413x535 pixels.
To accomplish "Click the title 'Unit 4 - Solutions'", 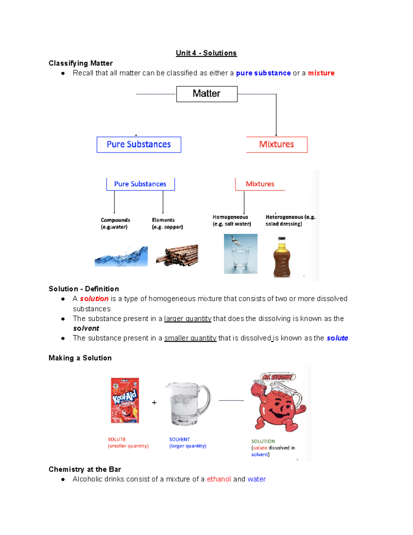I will (x=206, y=53).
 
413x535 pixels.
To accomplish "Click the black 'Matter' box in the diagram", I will (x=206, y=94).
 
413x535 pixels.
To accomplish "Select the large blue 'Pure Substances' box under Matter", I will (x=139, y=144).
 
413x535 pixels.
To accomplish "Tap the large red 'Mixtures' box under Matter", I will (x=276, y=144).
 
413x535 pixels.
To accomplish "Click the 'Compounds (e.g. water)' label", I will (x=115, y=223).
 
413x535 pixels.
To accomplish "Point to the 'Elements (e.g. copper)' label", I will (x=167, y=223).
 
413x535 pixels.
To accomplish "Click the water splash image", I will (x=121, y=257).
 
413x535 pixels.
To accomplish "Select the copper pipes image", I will (x=177, y=255).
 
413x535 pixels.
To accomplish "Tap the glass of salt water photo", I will (x=241, y=254).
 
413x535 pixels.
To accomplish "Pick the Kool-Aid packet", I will (x=125, y=400).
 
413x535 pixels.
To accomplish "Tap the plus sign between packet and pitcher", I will (x=154, y=402).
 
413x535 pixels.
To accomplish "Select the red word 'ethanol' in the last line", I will (x=219, y=479).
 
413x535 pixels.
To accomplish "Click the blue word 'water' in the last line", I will (x=256, y=479).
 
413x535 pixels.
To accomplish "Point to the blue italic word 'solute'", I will (x=337, y=338).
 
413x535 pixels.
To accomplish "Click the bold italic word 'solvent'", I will (x=86, y=328).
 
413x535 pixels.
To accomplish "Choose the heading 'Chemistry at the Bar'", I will (x=85, y=469).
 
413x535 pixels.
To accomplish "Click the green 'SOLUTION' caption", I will (x=263, y=441).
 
